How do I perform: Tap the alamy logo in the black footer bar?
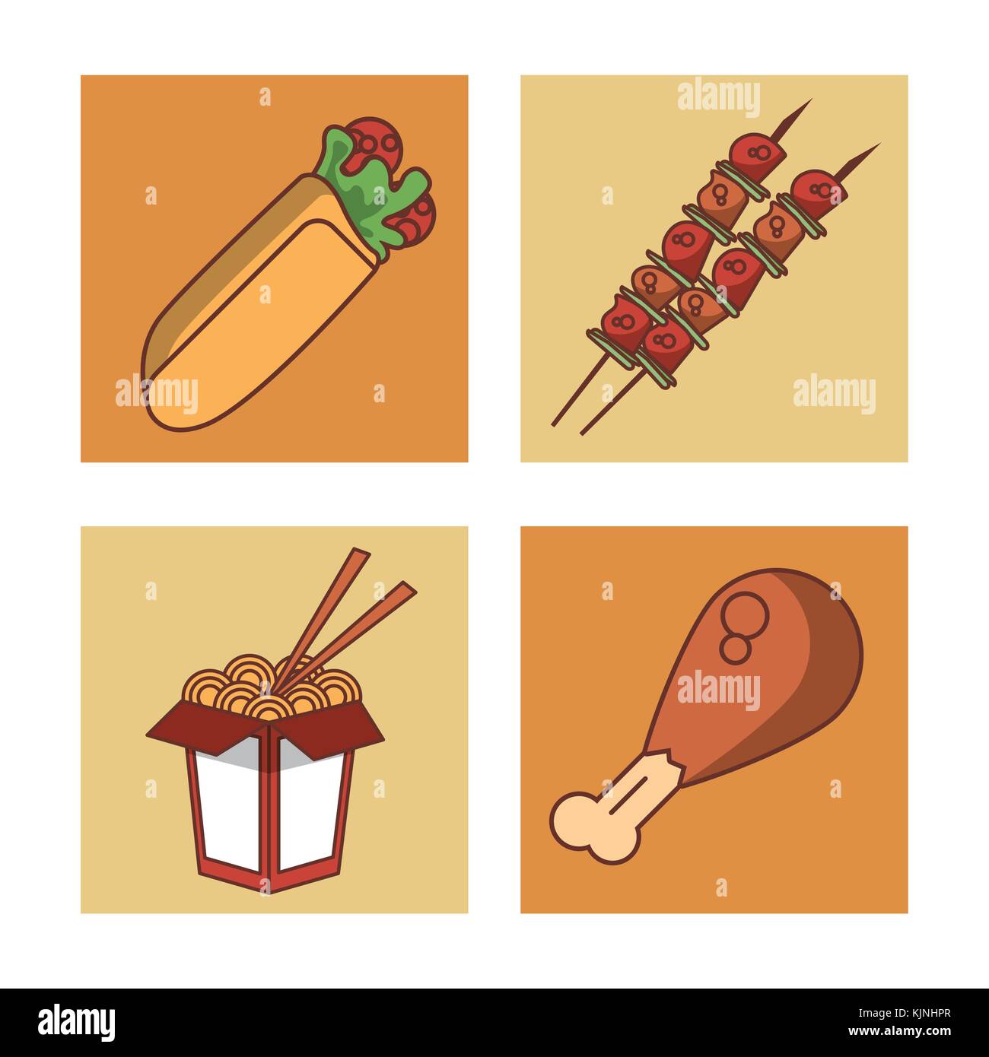pos(77,1021)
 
